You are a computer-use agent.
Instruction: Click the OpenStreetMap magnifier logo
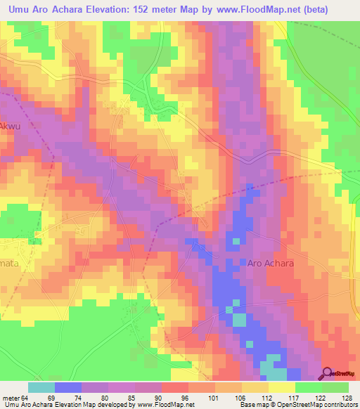click(x=328, y=374)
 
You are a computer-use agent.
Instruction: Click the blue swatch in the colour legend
click(x=68, y=387)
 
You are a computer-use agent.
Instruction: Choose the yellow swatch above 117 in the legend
click(x=282, y=387)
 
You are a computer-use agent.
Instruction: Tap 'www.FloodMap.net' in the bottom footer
click(x=166, y=405)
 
